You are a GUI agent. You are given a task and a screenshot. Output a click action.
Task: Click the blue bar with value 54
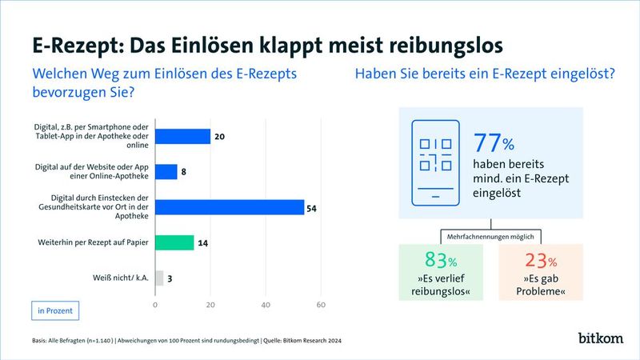point(230,207)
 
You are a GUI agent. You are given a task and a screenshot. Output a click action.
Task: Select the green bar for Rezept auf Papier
point(174,242)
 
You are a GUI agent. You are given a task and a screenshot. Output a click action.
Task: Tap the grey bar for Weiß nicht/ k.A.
point(159,278)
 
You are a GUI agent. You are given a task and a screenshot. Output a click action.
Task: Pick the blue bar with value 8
point(166,172)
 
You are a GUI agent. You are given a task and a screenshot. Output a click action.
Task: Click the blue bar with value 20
point(182,137)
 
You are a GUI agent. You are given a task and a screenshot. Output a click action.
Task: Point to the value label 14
point(203,242)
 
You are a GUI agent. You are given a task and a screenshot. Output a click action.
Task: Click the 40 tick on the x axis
point(266,305)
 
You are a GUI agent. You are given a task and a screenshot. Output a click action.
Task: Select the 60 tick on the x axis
point(321,305)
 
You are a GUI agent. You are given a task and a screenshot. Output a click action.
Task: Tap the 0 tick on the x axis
point(155,305)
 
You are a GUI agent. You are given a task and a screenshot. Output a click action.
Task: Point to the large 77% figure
point(494,143)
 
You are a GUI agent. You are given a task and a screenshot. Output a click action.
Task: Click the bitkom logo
point(601,338)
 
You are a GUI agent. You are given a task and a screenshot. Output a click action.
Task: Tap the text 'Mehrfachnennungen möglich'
point(491,236)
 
